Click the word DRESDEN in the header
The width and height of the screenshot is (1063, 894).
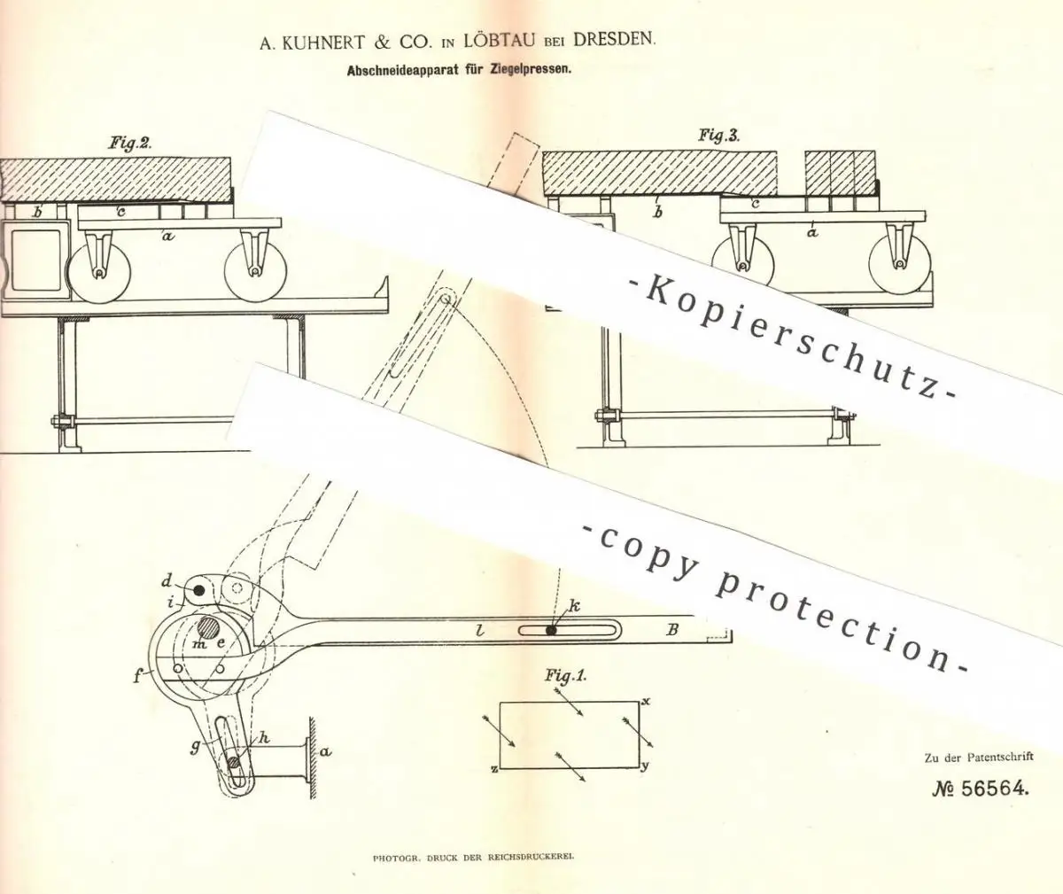(x=614, y=40)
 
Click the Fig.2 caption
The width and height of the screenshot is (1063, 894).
(x=130, y=144)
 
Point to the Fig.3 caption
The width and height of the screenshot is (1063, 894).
(x=718, y=136)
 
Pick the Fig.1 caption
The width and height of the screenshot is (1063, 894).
(x=566, y=676)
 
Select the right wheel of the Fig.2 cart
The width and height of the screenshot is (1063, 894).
(x=254, y=271)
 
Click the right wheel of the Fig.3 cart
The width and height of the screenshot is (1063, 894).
(x=900, y=264)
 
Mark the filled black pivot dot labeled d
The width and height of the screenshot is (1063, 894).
(x=199, y=590)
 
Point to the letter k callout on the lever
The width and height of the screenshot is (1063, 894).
(x=574, y=607)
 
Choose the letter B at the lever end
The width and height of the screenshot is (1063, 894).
(x=672, y=630)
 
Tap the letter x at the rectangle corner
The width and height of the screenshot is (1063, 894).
(x=647, y=701)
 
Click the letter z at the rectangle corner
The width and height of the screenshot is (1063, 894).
(x=493, y=770)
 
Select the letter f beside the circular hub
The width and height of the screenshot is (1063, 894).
(x=138, y=677)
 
